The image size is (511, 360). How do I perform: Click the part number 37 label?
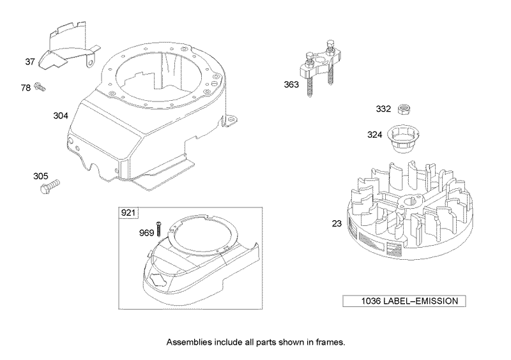[x=29, y=62]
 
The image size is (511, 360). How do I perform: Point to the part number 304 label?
[x=61, y=117]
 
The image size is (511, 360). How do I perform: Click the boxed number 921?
[x=128, y=213]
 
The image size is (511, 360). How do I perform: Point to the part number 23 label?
[x=336, y=223]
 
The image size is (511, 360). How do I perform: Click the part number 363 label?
[x=292, y=84]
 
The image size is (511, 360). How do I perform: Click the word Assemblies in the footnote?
[x=189, y=342]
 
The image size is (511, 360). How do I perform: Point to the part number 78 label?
[x=26, y=87]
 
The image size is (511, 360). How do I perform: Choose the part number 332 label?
[x=383, y=109]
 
